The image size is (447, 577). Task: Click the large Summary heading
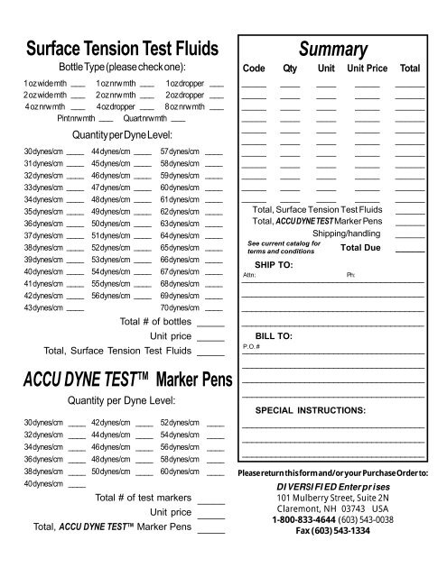331,47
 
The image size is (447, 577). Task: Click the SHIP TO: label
274,265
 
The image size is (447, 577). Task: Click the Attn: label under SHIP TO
249,275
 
